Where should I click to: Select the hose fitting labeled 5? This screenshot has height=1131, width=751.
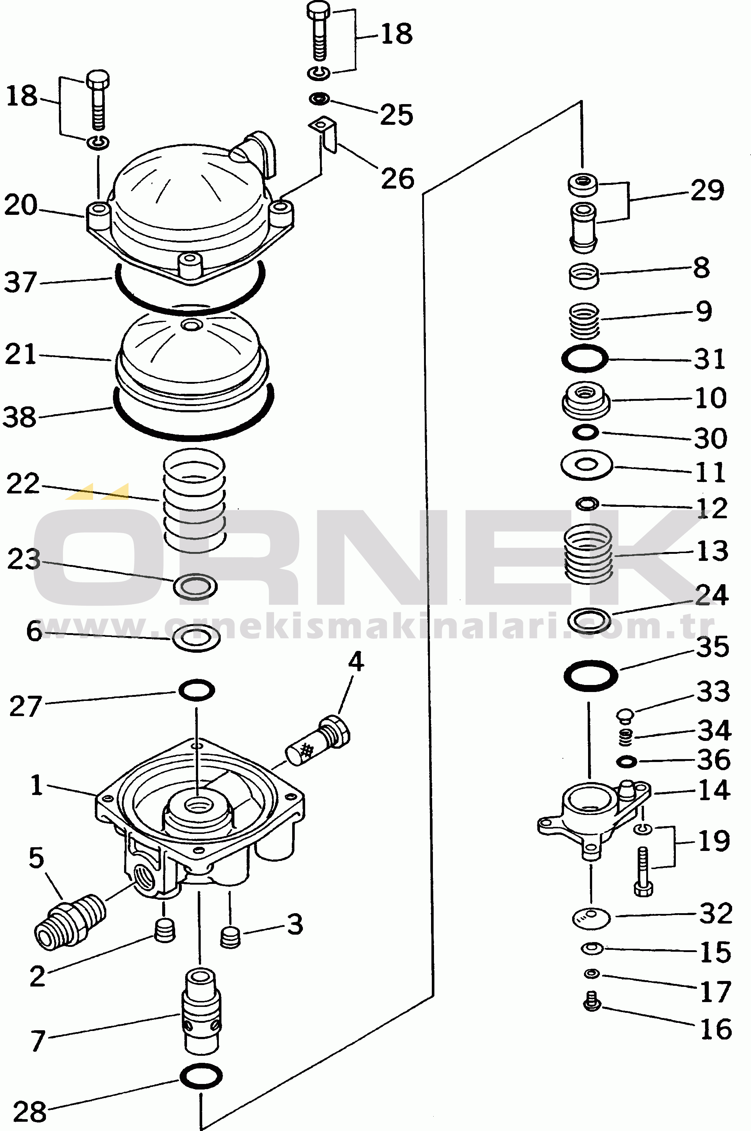pos(70,920)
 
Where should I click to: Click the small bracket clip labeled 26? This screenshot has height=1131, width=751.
pos(324,134)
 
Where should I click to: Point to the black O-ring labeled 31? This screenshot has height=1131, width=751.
pos(585,358)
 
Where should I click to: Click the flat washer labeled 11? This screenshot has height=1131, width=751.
pos(587,465)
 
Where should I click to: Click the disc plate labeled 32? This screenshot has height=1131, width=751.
pos(591,918)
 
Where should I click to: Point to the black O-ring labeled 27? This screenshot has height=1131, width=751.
pos(196,690)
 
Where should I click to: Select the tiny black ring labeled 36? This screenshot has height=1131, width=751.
pos(626,761)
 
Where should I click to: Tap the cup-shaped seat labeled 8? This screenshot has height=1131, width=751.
pos(584,276)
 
